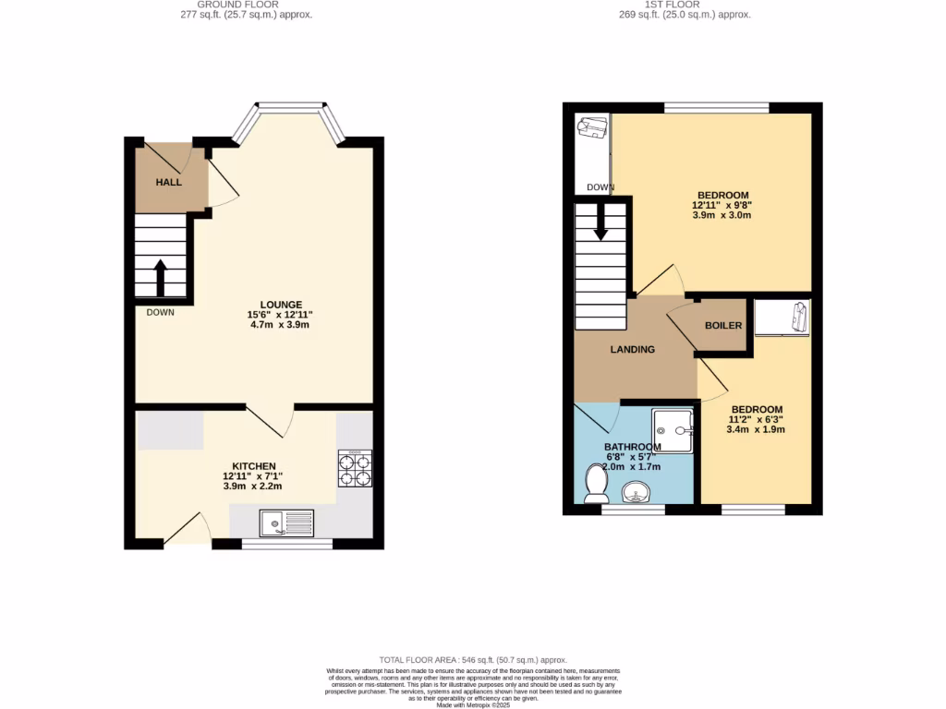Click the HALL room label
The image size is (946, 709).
(168, 183)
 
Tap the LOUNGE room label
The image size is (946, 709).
(282, 305)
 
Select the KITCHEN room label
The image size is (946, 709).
(254, 466)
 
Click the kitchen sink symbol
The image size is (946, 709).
(288, 523)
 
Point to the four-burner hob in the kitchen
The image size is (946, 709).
(355, 468)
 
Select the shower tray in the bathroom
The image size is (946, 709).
(673, 431)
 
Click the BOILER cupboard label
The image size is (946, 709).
(723, 326)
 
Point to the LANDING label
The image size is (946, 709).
(633, 350)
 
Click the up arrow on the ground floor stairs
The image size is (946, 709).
(160, 277)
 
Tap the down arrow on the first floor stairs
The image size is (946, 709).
(600, 224)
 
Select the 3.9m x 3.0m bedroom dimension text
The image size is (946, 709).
(722, 215)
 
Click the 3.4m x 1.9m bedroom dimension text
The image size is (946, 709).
(757, 429)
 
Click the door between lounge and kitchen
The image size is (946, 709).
(270, 421)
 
